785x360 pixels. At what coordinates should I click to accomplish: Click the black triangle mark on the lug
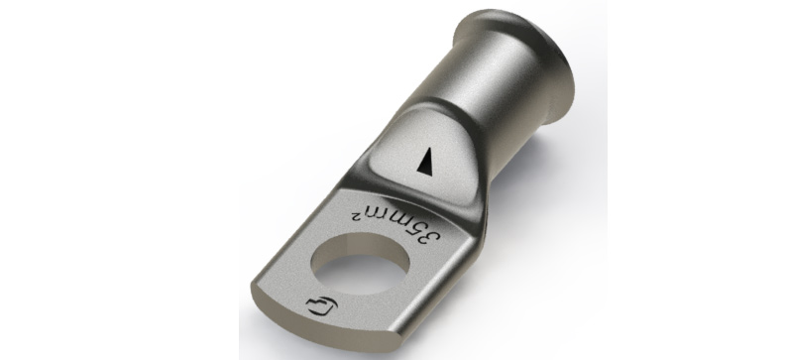pos(427,162)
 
